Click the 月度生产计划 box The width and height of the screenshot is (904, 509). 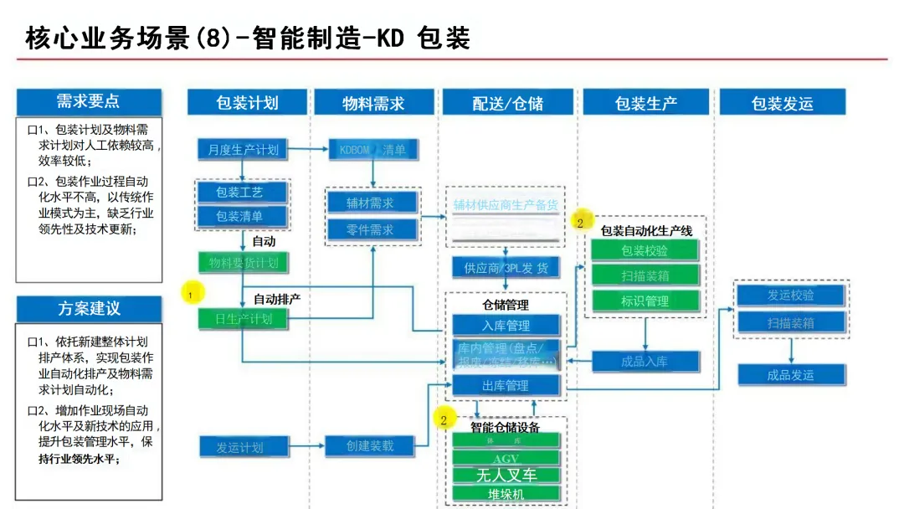[243, 150]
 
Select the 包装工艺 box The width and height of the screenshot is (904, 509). [242, 193]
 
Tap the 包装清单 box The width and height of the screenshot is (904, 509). [242, 217]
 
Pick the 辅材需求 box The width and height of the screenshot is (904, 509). [370, 203]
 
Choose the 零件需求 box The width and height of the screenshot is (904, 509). [370, 229]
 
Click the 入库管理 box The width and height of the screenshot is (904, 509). [506, 325]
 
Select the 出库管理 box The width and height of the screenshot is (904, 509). [506, 386]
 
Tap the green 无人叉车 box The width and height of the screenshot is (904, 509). [506, 476]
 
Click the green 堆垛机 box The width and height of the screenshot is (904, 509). [506, 494]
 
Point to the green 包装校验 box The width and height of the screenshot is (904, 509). [645, 250]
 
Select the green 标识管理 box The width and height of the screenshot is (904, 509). [645, 301]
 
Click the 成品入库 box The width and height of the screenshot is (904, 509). [645, 362]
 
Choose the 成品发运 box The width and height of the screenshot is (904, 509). [790, 374]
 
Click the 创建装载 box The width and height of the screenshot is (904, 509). [370, 446]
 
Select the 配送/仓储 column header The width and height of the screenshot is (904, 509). [507, 103]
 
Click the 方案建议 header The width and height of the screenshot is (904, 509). [89, 308]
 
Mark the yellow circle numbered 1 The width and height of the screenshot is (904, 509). [192, 294]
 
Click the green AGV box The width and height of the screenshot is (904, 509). [506, 459]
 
